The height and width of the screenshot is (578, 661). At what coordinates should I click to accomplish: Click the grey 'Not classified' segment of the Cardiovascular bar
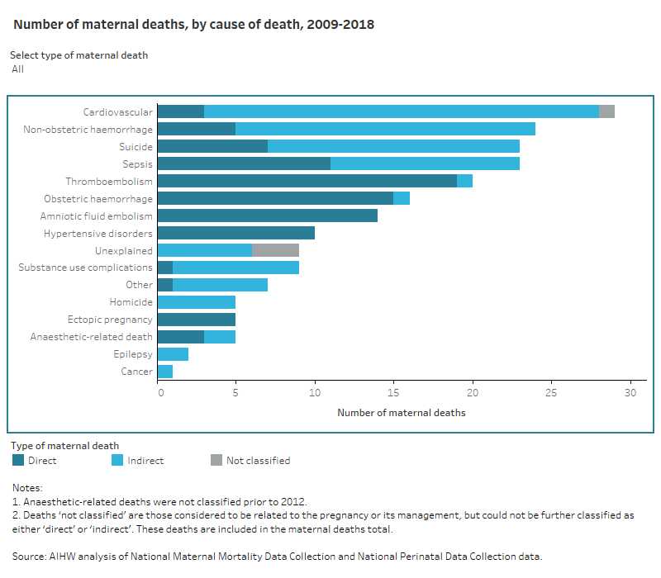[606, 111]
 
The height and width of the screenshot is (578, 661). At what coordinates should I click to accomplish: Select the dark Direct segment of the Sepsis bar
[244, 163]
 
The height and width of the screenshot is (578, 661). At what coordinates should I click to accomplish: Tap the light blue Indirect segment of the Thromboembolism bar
[464, 181]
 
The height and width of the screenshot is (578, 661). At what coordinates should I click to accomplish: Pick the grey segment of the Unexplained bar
[275, 250]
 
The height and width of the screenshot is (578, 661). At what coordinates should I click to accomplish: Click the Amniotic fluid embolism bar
[267, 216]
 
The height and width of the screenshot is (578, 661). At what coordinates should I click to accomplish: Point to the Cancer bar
[165, 372]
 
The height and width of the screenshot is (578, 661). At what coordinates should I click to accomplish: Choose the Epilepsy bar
[173, 354]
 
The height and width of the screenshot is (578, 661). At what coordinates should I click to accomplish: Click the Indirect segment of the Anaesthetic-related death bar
[220, 337]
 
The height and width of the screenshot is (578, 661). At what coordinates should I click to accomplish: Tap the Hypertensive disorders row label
[97, 233]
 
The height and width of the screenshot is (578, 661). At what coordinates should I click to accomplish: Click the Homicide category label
[131, 302]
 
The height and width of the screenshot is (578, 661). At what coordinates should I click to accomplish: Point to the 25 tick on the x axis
[551, 394]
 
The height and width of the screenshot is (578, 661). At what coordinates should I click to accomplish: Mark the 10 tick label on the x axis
[315, 394]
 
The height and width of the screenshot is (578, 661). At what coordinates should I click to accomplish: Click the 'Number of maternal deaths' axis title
[402, 413]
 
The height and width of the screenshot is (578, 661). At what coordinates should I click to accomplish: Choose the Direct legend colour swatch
[17, 461]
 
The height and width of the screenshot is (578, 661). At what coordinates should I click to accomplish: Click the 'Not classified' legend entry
[258, 461]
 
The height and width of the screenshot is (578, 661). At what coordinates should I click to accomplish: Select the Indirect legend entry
[145, 461]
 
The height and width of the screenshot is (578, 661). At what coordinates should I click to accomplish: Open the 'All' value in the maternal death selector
[18, 69]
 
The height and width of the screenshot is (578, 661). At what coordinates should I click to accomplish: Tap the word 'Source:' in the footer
[30, 556]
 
